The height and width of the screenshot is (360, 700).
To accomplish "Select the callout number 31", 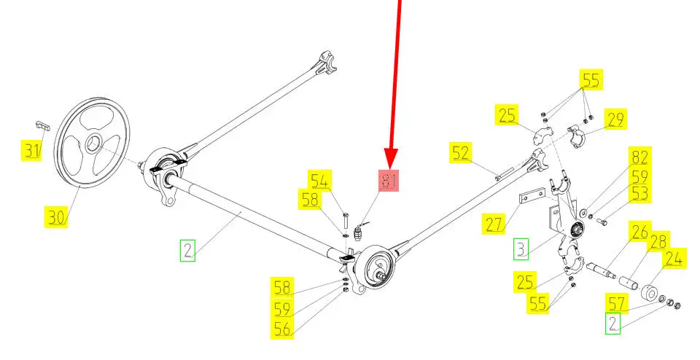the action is pos(31,151).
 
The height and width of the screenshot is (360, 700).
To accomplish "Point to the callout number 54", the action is pos(320,181).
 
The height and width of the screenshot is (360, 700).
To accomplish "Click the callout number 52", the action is pos(460,152).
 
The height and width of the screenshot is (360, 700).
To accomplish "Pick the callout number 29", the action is pos(615,119).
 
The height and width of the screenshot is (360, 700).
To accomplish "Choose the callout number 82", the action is pos(639,157).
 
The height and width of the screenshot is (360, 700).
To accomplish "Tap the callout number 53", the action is pos(639,193).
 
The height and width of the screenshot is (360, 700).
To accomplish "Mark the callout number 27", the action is pos(494,223).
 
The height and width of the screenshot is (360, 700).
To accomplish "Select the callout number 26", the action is pos(639,233).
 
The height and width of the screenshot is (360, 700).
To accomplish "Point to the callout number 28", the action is pos(658,241).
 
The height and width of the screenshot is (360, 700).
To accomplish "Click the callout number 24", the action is pos(673,258).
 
